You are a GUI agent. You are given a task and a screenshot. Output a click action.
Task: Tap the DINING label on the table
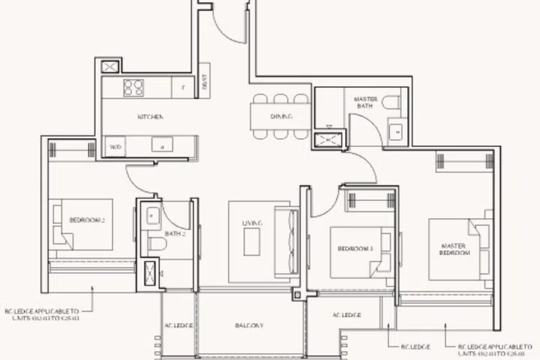pyautogui.click(x=280, y=117)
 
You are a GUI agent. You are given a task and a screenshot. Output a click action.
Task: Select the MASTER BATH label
pyautogui.click(x=364, y=103)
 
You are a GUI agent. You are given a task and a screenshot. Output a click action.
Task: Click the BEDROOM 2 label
pyautogui.click(x=86, y=220)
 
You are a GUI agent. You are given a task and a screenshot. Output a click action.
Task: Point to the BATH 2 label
pyautogui.click(x=175, y=235)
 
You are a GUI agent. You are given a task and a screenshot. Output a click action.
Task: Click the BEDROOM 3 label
pyautogui.click(x=355, y=248)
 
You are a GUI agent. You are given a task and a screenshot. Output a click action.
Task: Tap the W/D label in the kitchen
pyautogui.click(x=115, y=147)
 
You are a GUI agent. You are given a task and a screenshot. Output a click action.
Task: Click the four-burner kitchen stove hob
pyautogui.click(x=133, y=87)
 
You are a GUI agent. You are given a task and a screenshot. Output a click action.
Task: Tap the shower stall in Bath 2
pyautogui.click(x=151, y=271)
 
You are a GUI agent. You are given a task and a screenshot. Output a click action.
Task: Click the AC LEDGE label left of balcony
pyautogui.click(x=179, y=326)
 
